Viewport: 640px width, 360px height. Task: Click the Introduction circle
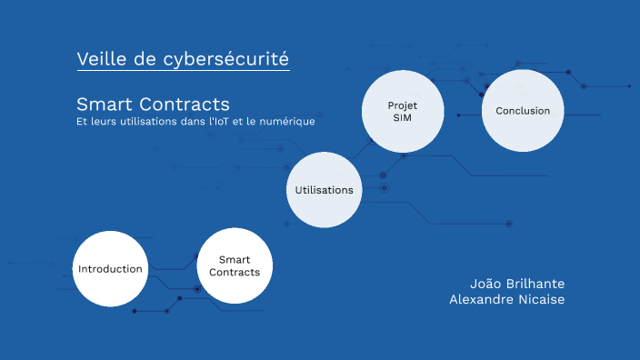(x=110, y=269)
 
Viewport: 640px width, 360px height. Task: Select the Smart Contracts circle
(x=235, y=266)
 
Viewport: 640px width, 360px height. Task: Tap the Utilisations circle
(x=325, y=190)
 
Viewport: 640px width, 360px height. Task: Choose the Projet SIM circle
(x=403, y=111)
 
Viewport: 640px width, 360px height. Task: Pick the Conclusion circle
(x=523, y=111)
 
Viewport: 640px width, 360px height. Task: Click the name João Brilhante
(x=517, y=283)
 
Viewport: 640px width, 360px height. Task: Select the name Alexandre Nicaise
(x=506, y=299)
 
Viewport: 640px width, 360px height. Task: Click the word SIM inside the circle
(x=403, y=118)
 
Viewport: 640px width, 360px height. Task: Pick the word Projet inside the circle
(x=403, y=105)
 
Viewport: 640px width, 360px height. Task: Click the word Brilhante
(x=537, y=283)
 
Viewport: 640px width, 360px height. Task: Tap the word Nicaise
(x=540, y=299)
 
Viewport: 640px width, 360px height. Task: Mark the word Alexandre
(x=481, y=299)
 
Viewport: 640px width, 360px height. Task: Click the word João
(x=485, y=283)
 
